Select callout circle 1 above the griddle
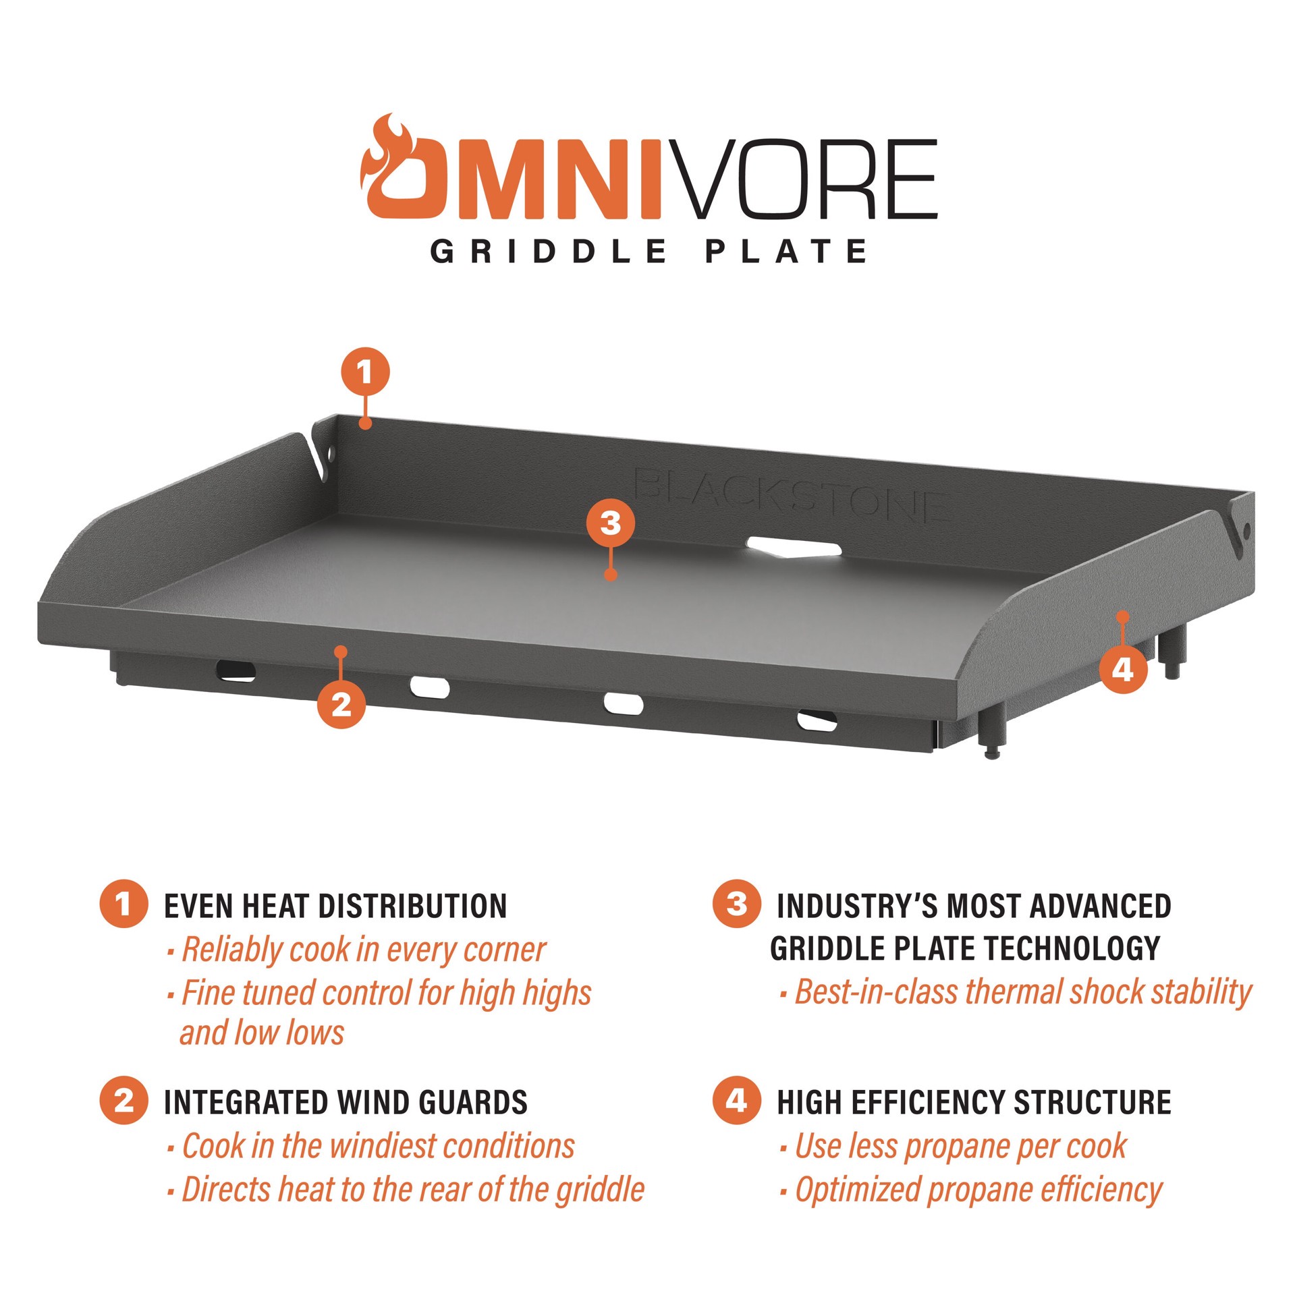[365, 372]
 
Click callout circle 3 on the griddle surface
[610, 523]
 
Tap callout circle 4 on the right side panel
[1122, 670]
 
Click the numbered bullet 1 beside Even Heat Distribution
[123, 903]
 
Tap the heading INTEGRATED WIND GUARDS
[346, 1102]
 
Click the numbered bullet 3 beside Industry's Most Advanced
[736, 903]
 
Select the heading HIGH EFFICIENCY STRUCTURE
[973, 1102]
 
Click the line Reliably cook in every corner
[363, 950]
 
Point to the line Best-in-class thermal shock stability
[1022, 991]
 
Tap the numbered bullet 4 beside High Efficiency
[736, 1100]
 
